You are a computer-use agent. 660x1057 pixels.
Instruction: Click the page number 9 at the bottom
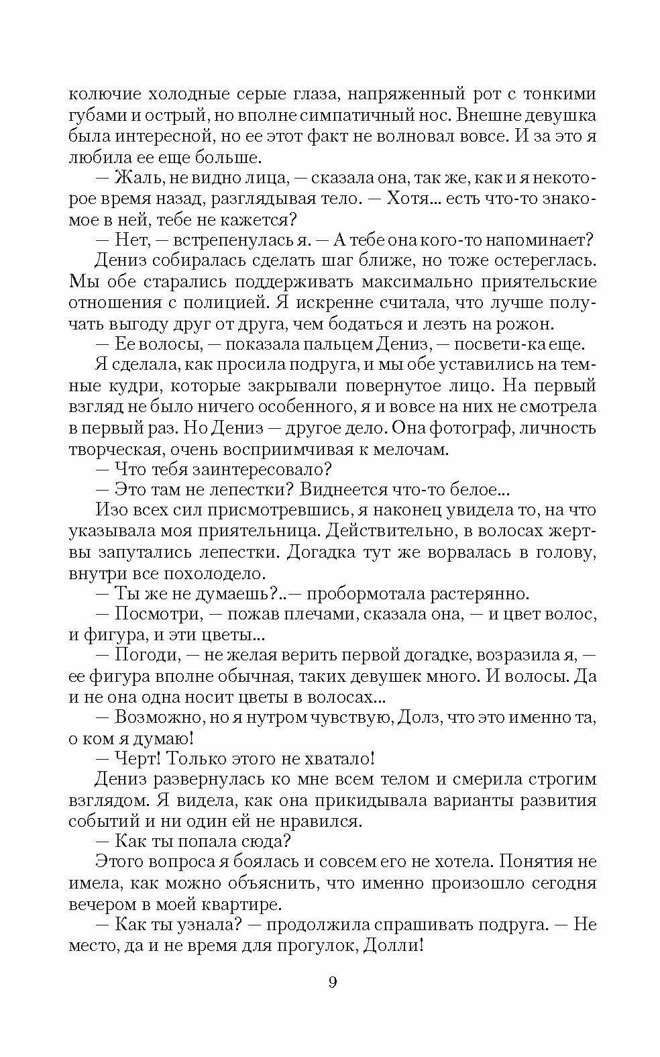point(333,983)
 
